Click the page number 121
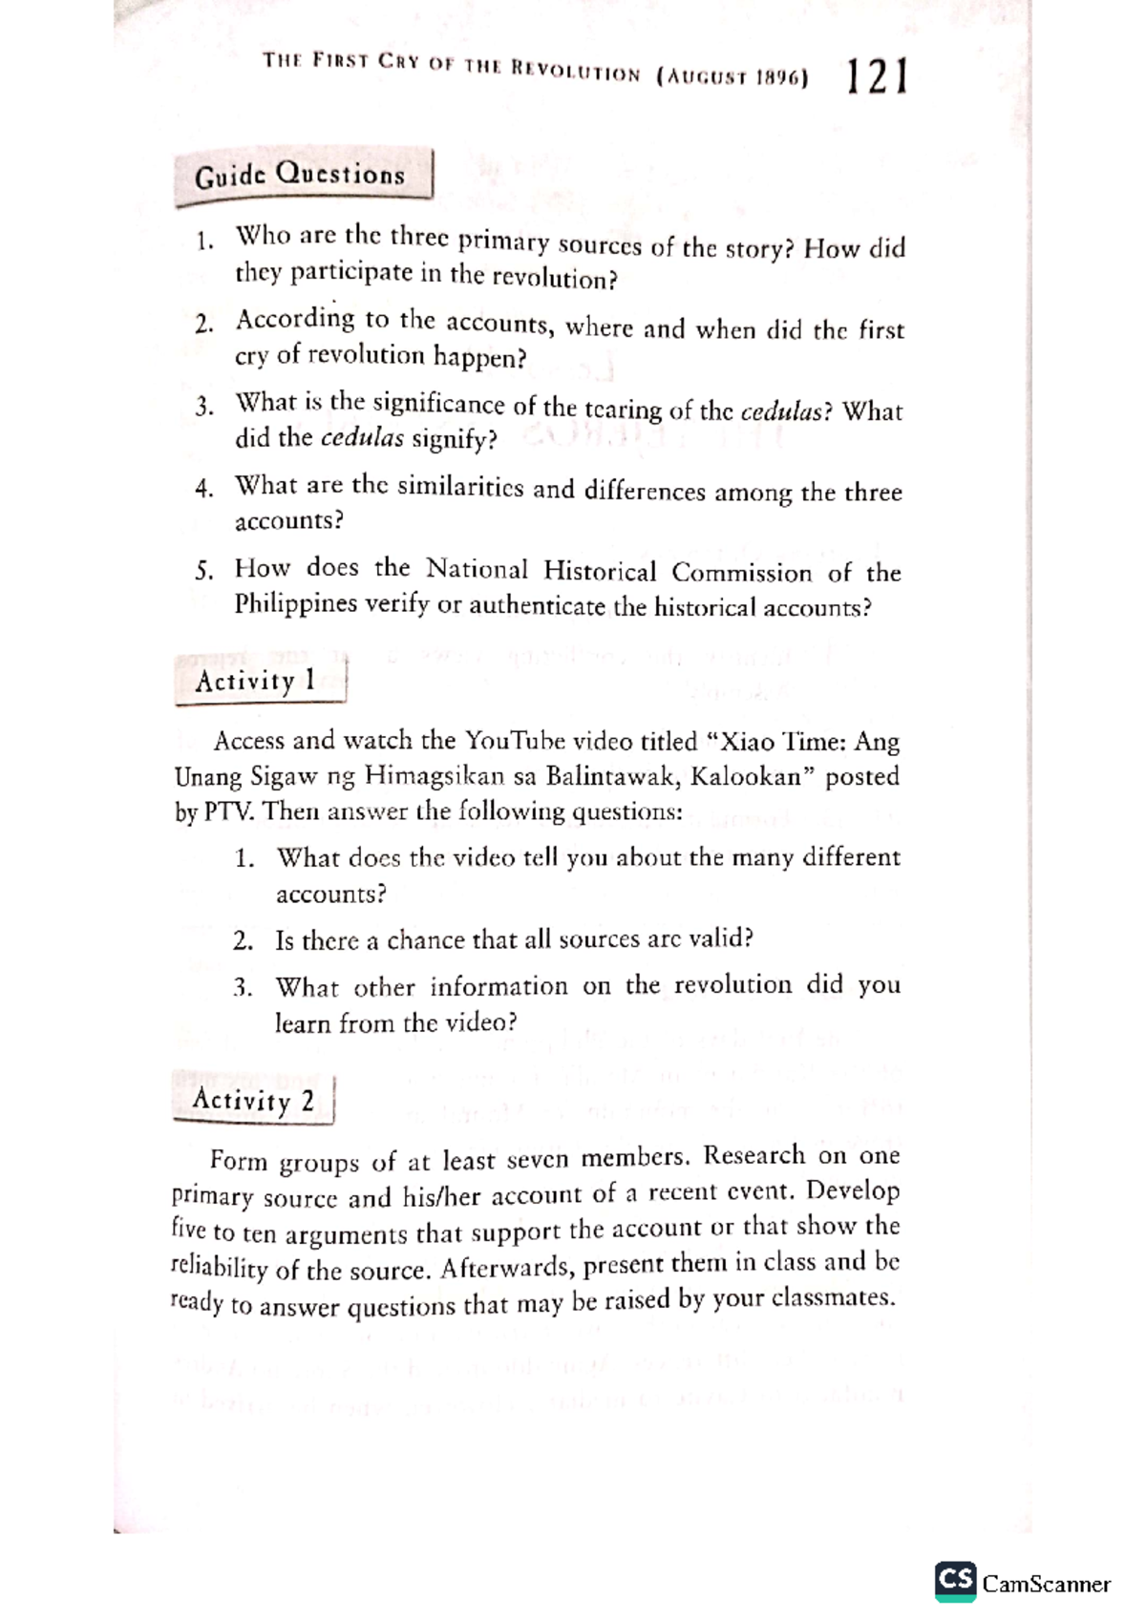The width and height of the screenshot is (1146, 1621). point(875,76)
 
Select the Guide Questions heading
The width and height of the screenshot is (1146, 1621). point(300,176)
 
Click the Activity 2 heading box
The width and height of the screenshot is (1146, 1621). point(253,1101)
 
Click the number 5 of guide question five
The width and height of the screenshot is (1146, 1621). point(202,572)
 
